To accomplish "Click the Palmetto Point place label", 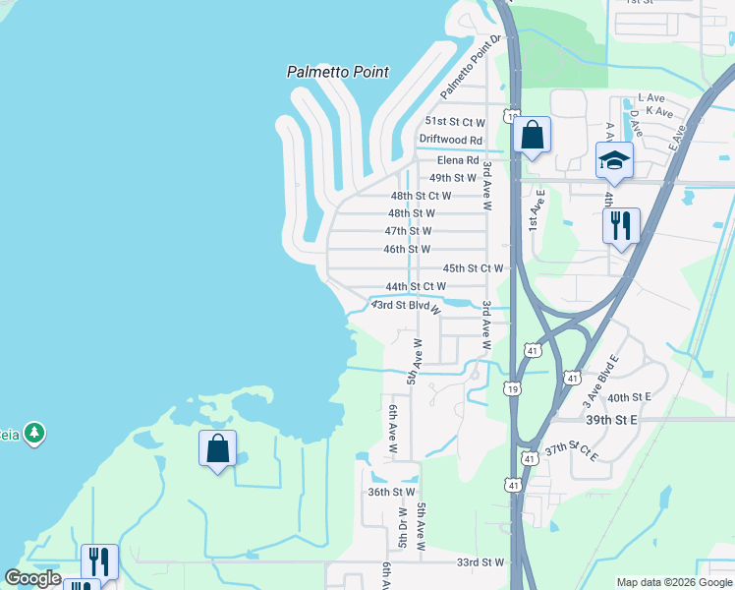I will [338, 72].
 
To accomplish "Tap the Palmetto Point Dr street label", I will [471, 66].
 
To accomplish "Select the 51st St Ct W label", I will [454, 122].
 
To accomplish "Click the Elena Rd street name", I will [458, 160].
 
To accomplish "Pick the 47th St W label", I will [408, 231].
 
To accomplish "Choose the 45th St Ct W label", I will [473, 267].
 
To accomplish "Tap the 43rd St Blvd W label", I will [405, 307].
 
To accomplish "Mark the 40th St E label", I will [630, 397].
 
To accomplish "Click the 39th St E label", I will [612, 419].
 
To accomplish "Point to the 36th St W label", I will [392, 492].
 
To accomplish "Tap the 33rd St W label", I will [481, 562].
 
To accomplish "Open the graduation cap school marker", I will [614, 160].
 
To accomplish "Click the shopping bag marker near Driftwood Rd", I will [532, 134].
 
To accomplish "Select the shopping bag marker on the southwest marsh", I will [218, 449].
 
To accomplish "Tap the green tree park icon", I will [35, 433].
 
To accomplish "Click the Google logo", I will [33, 578].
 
